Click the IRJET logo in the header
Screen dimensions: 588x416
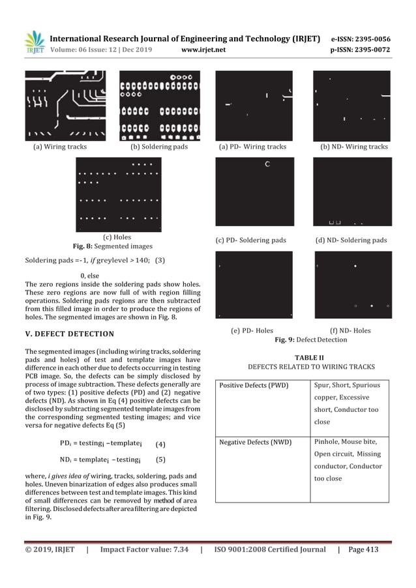(35, 43)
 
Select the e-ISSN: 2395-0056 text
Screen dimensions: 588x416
(361, 39)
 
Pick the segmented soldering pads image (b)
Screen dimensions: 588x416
(159, 106)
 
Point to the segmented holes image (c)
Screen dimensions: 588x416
(118, 195)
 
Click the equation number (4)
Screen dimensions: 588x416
(160, 445)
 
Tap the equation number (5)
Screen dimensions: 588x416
(160, 459)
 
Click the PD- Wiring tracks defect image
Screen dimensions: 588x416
(254, 105)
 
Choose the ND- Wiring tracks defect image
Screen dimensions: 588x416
(351, 105)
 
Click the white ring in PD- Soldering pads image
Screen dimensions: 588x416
(267, 165)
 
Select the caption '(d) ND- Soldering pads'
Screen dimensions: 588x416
(351, 240)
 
